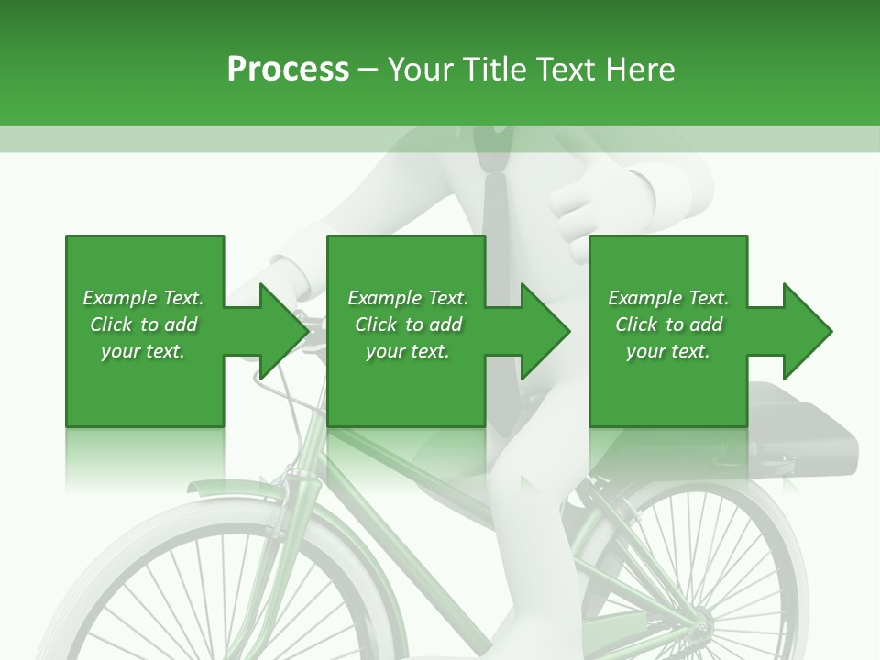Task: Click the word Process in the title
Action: tap(288, 70)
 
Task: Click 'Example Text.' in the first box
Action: tap(143, 298)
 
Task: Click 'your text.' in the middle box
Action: tap(408, 351)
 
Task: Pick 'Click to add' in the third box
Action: tap(669, 324)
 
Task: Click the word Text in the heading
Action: tap(567, 70)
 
